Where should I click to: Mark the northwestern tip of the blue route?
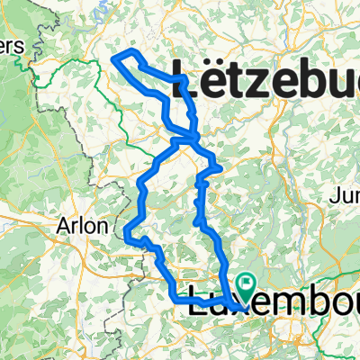(x=115, y=59)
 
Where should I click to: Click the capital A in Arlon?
(x=64, y=225)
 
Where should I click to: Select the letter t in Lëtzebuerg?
(x=238, y=75)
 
